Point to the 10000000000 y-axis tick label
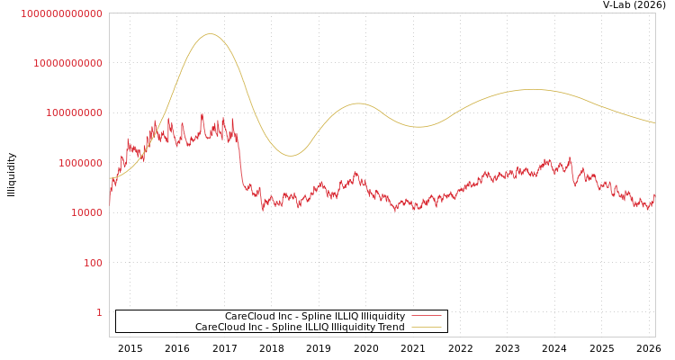point(67,63)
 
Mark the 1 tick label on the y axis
point(99,313)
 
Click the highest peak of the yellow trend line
point(211,34)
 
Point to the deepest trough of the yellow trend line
point(291,156)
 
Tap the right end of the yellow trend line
point(654,122)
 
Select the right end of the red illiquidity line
point(654,194)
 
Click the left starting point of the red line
point(110,203)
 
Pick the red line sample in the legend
point(427,316)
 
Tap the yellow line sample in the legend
point(427,327)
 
